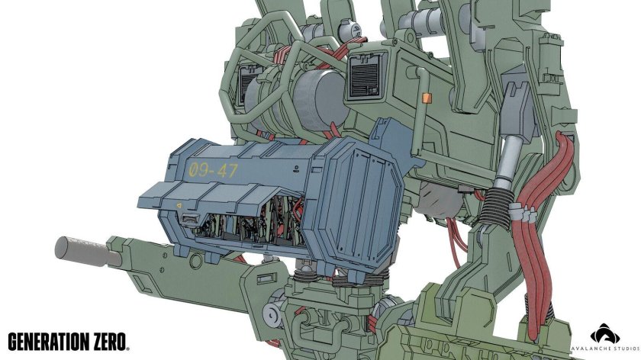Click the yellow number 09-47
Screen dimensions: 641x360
pos(213,169)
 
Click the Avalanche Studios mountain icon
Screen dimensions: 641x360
pos(605,333)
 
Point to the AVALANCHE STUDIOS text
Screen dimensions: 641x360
pos(605,348)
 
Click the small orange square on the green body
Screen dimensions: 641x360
pos(427,98)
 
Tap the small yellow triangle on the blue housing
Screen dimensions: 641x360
pos(179,205)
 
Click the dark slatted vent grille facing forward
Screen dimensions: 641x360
pos(366,78)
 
